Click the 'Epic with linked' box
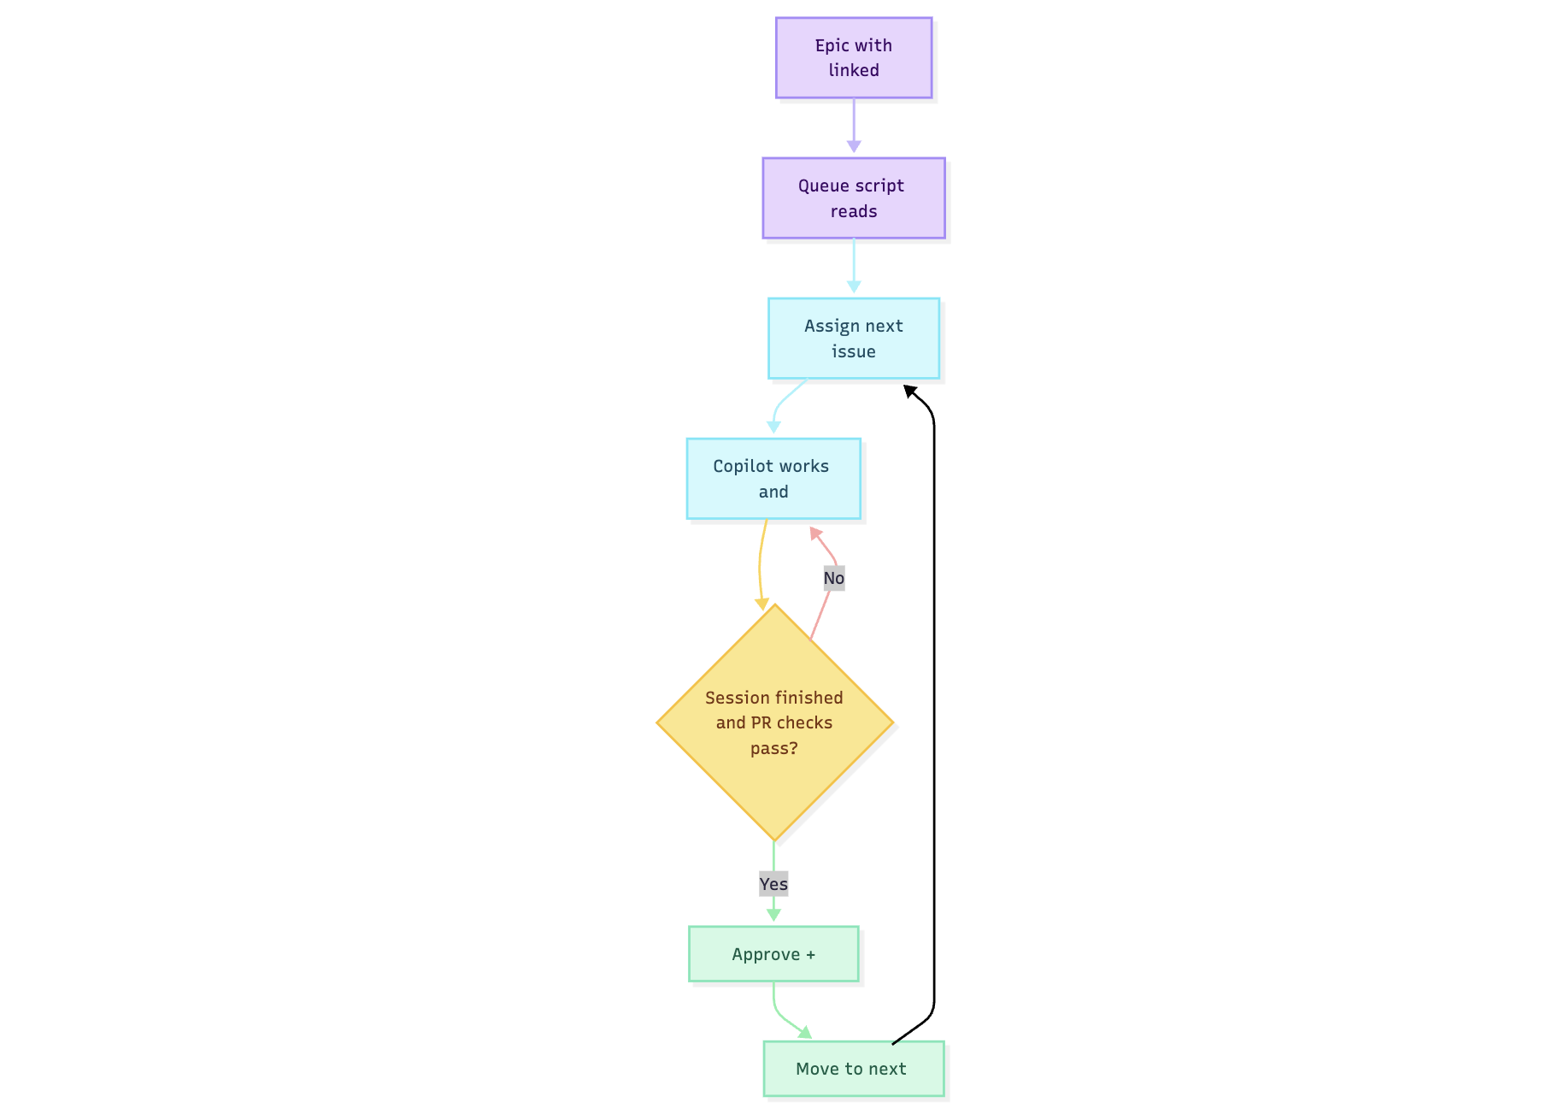click(x=853, y=57)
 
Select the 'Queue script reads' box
click(x=853, y=197)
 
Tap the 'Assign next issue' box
click(x=853, y=338)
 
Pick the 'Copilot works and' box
click(x=773, y=478)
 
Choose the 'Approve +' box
click(x=773, y=953)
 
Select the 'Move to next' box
click(x=853, y=1068)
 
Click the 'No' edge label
click(x=833, y=578)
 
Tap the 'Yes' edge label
click(x=773, y=883)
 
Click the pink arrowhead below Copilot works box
click(x=815, y=533)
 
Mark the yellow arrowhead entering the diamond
click(x=761, y=604)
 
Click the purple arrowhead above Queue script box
click(x=853, y=147)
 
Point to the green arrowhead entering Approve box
click(x=773, y=915)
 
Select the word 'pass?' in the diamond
click(x=773, y=748)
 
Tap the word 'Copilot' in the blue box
click(x=740, y=466)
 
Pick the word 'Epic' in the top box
click(x=831, y=45)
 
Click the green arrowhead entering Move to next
click(x=804, y=1033)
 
